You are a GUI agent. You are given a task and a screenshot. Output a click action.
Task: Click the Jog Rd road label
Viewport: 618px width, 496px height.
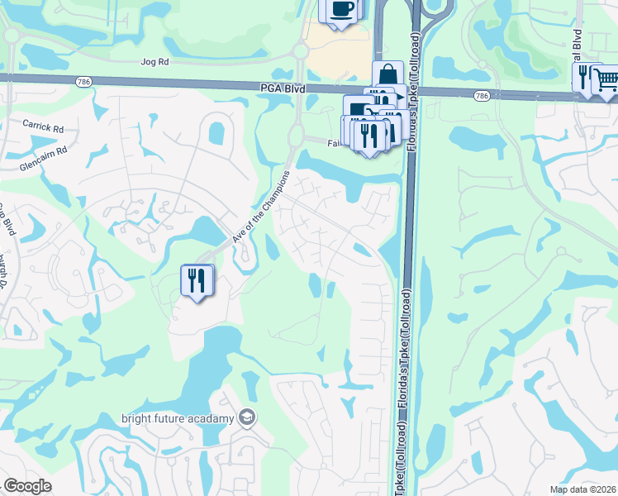point(154,62)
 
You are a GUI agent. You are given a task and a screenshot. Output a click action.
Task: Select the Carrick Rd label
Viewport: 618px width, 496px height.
point(44,127)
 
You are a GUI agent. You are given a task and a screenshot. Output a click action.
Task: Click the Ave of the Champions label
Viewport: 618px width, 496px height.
point(260,207)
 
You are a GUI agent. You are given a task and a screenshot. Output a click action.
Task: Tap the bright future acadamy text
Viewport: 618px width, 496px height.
point(178,418)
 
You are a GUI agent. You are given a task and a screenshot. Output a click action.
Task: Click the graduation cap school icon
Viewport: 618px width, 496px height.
point(245,418)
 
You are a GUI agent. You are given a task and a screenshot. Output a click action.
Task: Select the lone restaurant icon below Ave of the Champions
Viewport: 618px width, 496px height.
point(197,280)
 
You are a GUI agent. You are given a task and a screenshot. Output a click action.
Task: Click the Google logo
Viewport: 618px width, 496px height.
point(27,486)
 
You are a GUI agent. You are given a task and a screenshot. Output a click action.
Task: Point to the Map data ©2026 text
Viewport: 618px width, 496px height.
point(582,489)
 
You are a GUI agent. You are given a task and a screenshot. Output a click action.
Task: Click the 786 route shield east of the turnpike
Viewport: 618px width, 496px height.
point(482,97)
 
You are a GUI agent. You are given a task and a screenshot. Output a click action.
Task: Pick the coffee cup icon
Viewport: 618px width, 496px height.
point(341,10)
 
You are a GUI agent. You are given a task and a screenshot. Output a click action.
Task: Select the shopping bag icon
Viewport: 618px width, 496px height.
point(387,75)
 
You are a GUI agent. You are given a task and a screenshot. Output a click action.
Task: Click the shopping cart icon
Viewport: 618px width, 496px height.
point(607,79)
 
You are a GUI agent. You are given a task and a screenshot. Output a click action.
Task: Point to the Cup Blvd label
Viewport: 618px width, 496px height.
point(7,219)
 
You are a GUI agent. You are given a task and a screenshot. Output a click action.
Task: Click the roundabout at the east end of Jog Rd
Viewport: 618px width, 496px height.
point(301,51)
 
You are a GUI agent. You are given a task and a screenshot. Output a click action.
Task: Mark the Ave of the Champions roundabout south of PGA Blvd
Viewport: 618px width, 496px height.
point(296,135)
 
